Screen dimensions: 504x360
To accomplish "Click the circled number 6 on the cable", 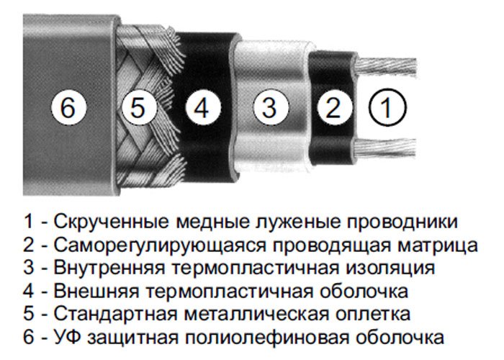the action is [x=69, y=107].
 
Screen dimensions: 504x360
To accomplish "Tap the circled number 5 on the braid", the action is [x=139, y=107].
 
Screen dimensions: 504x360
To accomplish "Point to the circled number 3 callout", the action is [x=270, y=107].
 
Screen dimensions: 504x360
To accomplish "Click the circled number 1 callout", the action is [x=387, y=107].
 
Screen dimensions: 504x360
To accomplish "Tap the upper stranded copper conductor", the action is [x=386, y=68].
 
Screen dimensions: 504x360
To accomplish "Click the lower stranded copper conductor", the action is [x=386, y=149].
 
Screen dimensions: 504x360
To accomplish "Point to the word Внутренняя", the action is [x=109, y=268].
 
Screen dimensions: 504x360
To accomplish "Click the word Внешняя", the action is [x=96, y=291].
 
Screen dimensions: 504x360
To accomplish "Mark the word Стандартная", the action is [x=116, y=314].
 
